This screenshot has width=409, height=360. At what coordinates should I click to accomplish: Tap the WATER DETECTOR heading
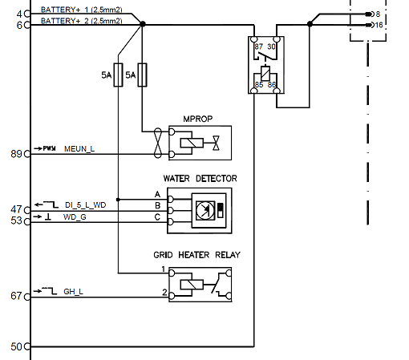click(200, 178)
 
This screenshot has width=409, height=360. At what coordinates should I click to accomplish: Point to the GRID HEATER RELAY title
click(196, 255)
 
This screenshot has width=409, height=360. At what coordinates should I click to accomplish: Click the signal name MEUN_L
click(79, 148)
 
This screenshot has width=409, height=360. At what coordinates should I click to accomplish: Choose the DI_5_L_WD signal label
click(85, 205)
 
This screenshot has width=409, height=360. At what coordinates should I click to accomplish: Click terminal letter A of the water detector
click(157, 195)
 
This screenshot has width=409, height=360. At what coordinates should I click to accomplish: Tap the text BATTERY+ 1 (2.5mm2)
click(80, 10)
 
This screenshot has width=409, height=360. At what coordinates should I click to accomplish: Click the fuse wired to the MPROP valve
click(143, 75)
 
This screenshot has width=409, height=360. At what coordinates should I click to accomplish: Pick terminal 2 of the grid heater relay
click(164, 293)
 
